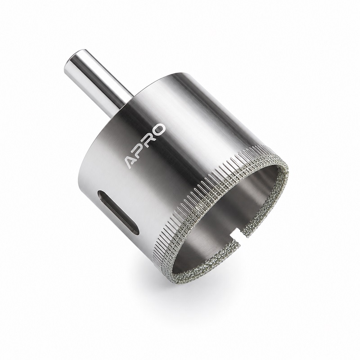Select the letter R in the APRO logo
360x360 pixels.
click(149, 140)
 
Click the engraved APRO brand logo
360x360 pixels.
click(145, 146)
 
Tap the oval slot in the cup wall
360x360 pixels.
click(118, 212)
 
